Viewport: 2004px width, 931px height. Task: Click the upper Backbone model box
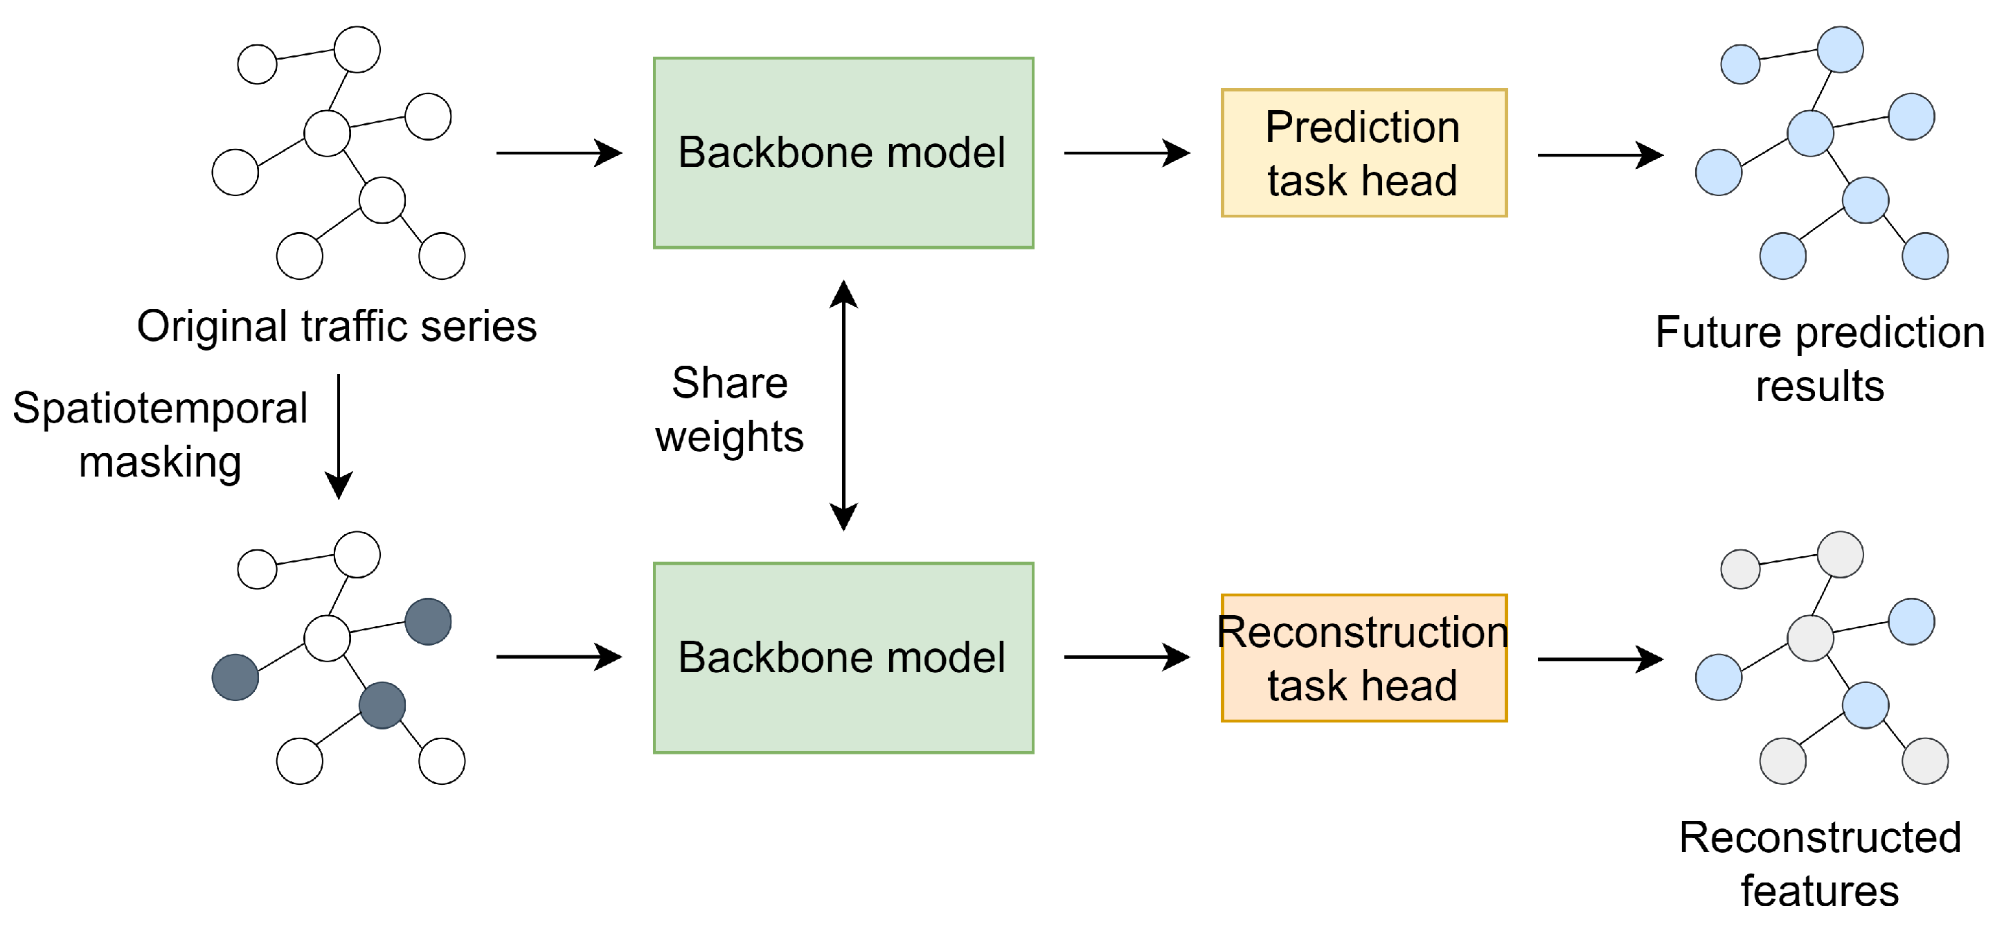point(843,152)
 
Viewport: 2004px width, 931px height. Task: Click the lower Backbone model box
point(843,658)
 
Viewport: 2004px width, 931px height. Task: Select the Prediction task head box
point(1363,152)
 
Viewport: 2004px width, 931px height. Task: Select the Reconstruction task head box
point(1363,658)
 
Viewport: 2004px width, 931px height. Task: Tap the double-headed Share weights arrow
point(843,405)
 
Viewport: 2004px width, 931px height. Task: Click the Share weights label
point(729,409)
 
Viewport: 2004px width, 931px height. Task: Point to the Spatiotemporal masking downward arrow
point(339,436)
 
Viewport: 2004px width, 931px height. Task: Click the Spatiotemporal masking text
point(160,434)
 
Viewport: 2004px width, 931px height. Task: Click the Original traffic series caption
point(337,326)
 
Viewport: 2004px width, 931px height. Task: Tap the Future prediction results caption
point(1819,359)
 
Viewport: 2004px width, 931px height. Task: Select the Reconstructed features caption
point(1819,863)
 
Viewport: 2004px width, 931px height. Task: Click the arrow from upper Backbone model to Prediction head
point(1126,152)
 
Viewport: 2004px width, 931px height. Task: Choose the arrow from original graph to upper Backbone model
point(558,152)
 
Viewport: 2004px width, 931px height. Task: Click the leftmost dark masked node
point(235,677)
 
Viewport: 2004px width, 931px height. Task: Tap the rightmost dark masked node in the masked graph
point(428,621)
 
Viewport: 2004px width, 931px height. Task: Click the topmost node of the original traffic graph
point(357,49)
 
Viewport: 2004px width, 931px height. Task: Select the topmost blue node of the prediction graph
point(1840,49)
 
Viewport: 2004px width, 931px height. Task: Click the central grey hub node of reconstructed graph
point(1810,638)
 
